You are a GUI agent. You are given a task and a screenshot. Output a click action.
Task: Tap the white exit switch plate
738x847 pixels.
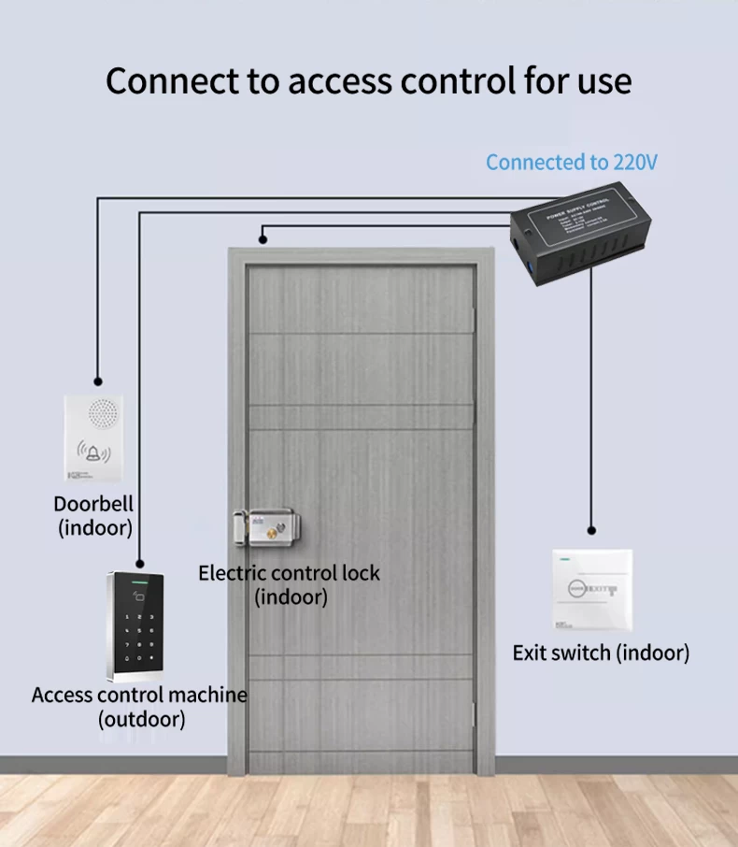tap(592, 589)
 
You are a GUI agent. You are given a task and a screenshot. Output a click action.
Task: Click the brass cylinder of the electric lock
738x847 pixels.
tap(273, 534)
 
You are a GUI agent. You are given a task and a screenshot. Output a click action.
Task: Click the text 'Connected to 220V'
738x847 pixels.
tap(572, 162)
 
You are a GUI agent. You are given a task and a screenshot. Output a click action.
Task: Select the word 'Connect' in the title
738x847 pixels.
tap(172, 81)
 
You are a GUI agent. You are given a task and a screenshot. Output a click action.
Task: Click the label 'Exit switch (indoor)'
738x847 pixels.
tap(601, 653)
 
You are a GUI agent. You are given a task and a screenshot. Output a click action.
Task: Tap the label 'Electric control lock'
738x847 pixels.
tap(289, 573)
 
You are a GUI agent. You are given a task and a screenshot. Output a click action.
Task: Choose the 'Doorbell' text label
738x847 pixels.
tap(93, 504)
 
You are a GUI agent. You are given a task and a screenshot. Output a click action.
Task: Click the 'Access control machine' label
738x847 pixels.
tap(139, 695)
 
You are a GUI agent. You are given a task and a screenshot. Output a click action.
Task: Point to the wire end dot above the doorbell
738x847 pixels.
tap(96, 381)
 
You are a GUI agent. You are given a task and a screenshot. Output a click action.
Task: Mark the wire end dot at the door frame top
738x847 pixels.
tap(264, 240)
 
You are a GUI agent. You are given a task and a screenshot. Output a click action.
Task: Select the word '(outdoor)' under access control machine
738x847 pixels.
tap(142, 719)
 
